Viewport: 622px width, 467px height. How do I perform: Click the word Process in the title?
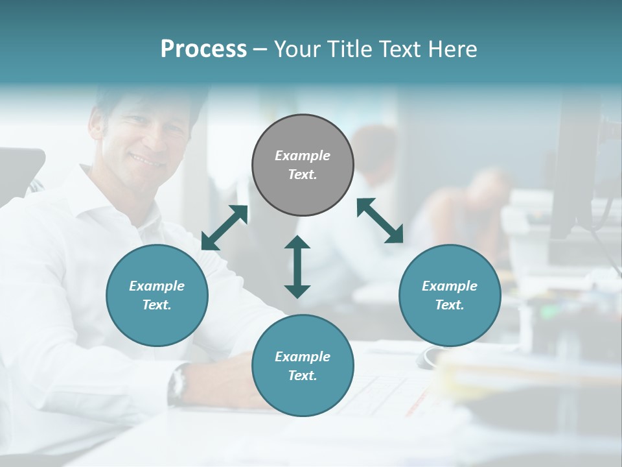click(x=203, y=49)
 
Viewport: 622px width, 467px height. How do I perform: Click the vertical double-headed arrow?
click(x=297, y=267)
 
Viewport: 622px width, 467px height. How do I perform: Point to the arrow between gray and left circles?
click(x=224, y=228)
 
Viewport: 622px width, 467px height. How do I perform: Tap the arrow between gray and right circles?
click(x=380, y=221)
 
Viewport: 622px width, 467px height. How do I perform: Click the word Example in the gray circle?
click(x=303, y=156)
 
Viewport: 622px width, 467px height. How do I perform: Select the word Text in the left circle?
click(x=157, y=305)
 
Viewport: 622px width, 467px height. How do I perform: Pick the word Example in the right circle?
click(x=450, y=286)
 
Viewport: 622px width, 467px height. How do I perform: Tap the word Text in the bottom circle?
click(x=303, y=376)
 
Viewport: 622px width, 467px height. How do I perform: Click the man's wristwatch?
click(x=178, y=385)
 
